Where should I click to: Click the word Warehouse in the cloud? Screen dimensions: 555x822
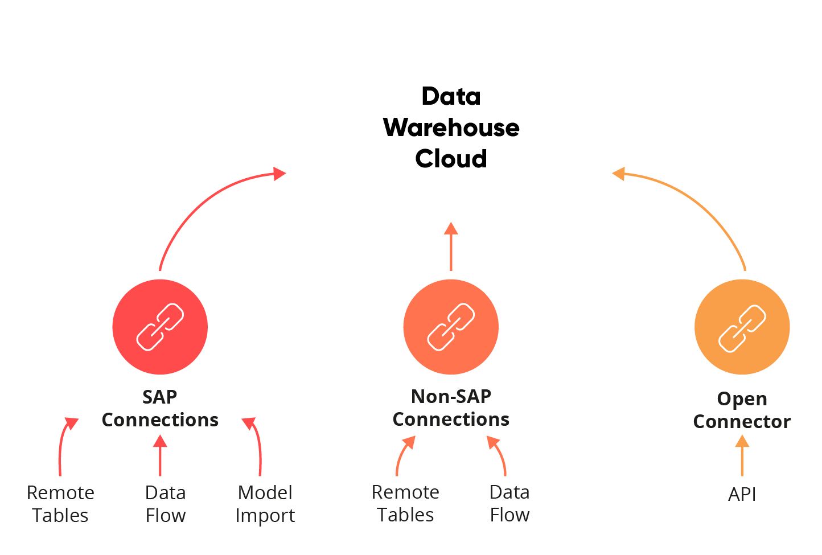pyautogui.click(x=451, y=128)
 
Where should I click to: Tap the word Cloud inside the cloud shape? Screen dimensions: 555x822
pyautogui.click(x=451, y=159)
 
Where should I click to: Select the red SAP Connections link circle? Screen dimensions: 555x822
pyautogui.click(x=160, y=327)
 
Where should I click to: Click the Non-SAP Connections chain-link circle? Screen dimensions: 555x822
pyautogui.click(x=451, y=327)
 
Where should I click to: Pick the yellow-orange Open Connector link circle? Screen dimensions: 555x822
pyautogui.click(x=742, y=327)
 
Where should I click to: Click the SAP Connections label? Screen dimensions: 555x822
pyautogui.click(x=160, y=408)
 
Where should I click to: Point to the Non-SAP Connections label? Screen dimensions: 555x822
pyautogui.click(x=451, y=408)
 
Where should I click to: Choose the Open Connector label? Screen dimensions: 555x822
pyautogui.click(x=742, y=410)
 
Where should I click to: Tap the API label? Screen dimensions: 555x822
pyautogui.click(x=742, y=494)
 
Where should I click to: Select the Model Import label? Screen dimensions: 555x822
pyautogui.click(x=265, y=504)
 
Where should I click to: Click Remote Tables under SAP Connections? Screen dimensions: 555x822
pyautogui.click(x=60, y=504)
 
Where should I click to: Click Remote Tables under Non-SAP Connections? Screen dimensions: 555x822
pyautogui.click(x=405, y=503)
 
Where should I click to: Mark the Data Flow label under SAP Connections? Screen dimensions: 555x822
pyautogui.click(x=166, y=504)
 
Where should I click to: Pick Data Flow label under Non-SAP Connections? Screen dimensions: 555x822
pyautogui.click(x=509, y=503)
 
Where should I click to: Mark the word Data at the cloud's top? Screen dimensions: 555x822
pyautogui.click(x=451, y=96)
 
